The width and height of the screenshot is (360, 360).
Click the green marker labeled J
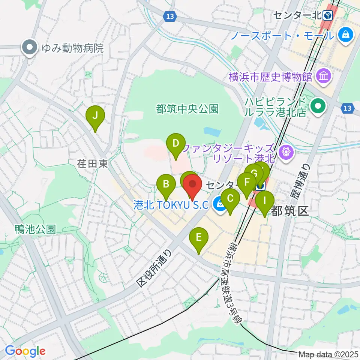pos(95,116)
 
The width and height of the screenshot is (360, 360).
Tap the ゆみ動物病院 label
pos(72,48)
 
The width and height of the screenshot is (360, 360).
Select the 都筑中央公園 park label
pos(187,109)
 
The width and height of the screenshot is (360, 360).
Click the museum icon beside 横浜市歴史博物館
pos(323,77)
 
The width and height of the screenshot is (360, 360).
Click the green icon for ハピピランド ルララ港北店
pos(318,106)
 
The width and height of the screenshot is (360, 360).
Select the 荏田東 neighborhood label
pos(93,163)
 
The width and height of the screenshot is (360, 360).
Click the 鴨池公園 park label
pos(35,229)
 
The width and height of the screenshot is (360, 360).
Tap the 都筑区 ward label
pos(289,211)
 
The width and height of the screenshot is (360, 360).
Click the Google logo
pos(25,351)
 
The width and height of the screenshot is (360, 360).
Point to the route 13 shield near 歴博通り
pos(348,108)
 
